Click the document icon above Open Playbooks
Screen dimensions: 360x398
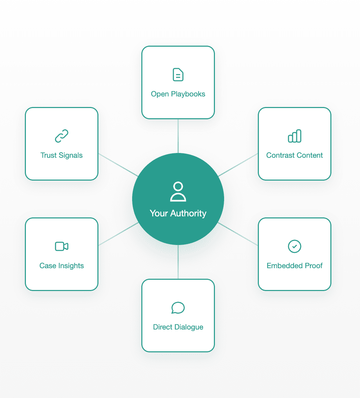pyautogui.click(x=178, y=75)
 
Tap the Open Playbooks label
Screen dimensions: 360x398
pyautogui.click(x=178, y=94)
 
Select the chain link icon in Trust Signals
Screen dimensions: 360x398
pyautogui.click(x=62, y=136)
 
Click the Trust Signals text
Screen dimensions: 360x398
pyautogui.click(x=62, y=155)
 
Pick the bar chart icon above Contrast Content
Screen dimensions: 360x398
pyautogui.click(x=295, y=136)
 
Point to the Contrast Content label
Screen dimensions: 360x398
pyautogui.click(x=295, y=155)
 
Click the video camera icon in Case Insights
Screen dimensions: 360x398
pyautogui.click(x=62, y=246)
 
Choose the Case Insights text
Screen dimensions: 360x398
pyautogui.click(x=62, y=266)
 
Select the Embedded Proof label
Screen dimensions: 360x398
pyautogui.click(x=295, y=266)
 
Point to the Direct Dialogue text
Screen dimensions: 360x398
pyautogui.click(x=178, y=327)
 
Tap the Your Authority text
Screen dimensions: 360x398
pyautogui.click(x=178, y=213)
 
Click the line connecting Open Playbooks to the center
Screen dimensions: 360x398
pyautogui.click(x=178, y=136)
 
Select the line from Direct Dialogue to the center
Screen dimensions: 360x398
pyautogui.click(x=178, y=262)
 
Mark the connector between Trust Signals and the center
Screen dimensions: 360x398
pyautogui.click(x=118, y=165)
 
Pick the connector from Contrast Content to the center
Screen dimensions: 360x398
pyautogui.click(x=238, y=165)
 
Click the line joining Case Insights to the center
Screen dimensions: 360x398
pyautogui.click(x=118, y=234)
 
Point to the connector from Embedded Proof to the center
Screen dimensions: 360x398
pyautogui.click(x=238, y=234)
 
